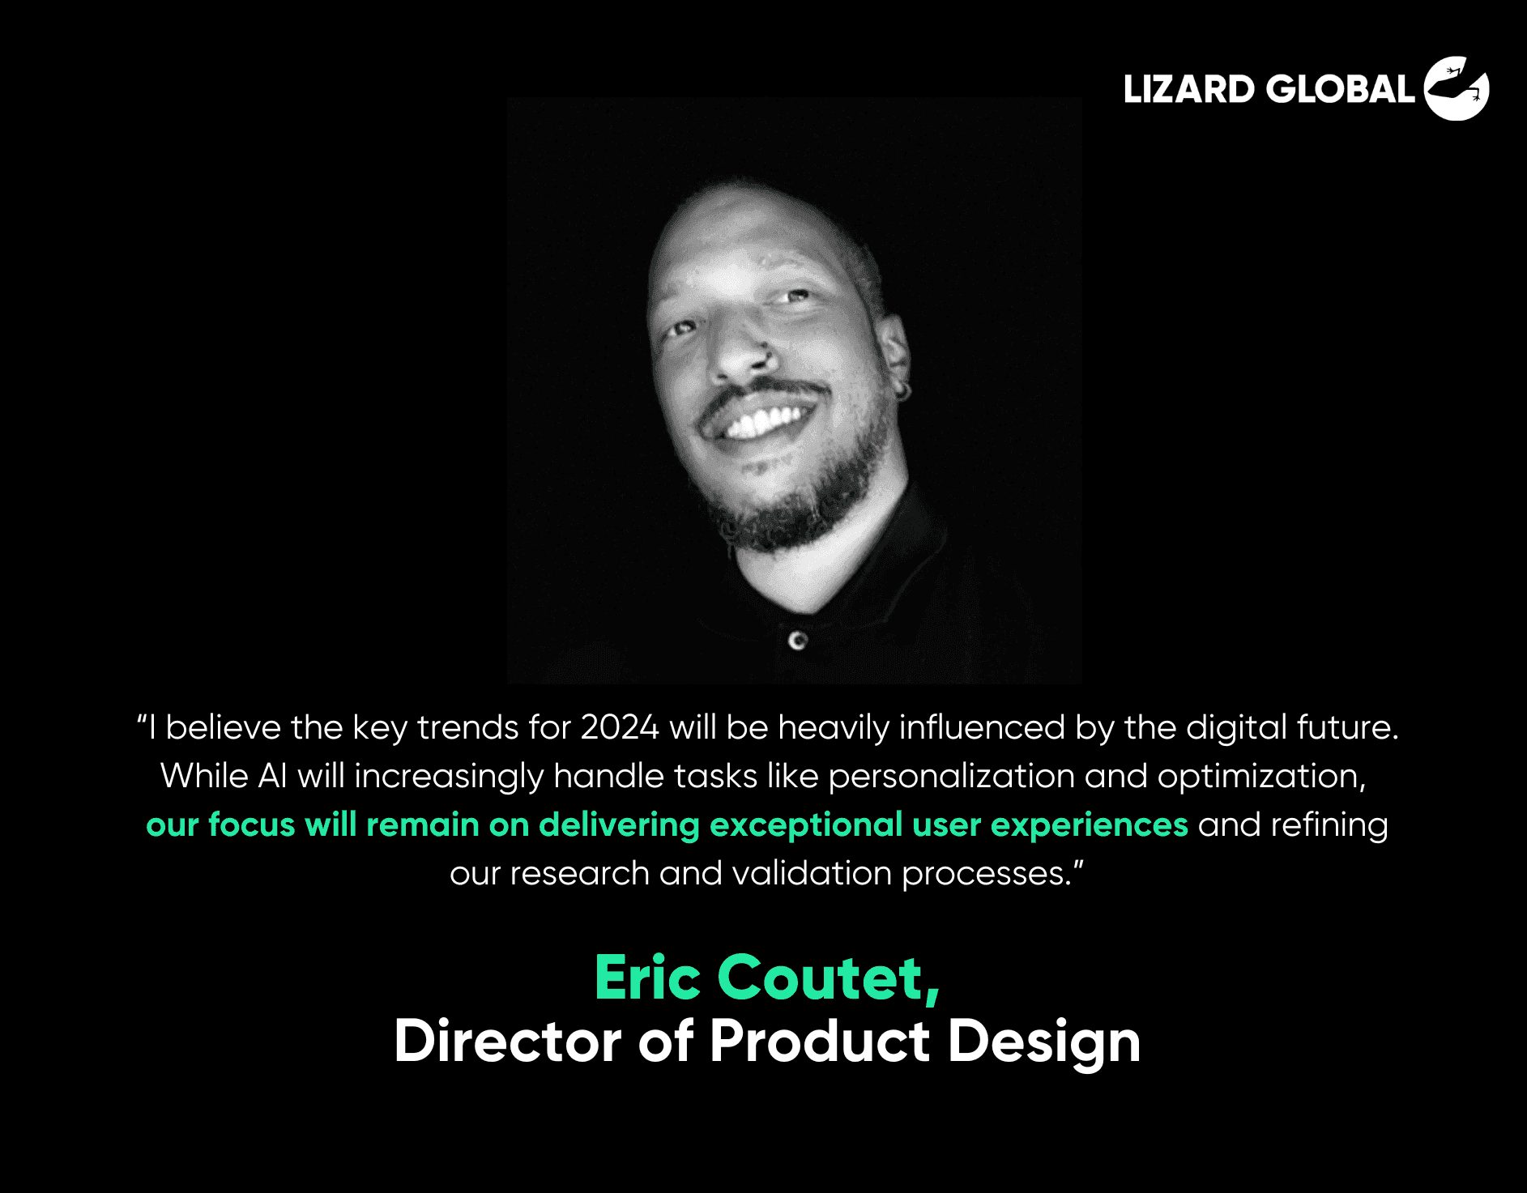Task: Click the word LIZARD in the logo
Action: pyautogui.click(x=1188, y=89)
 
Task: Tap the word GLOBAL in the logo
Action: pyautogui.click(x=1341, y=89)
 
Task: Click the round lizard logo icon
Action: pyautogui.click(x=1457, y=88)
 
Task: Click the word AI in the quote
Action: pyautogui.click(x=273, y=776)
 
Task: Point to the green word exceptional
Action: pyautogui.click(x=806, y=824)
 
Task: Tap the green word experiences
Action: pyautogui.click(x=1090, y=825)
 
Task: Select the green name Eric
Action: pyautogui.click(x=647, y=978)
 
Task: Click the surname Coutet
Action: pyautogui.click(x=828, y=978)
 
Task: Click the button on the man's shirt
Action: pyautogui.click(x=798, y=641)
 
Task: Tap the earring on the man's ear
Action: pyautogui.click(x=902, y=392)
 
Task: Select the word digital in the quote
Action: pyautogui.click(x=1236, y=728)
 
